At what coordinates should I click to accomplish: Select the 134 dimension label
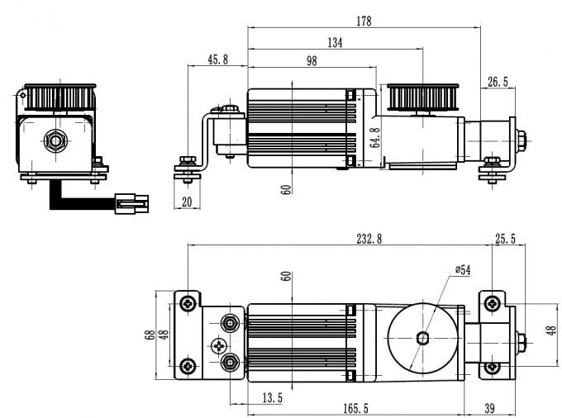click(334, 43)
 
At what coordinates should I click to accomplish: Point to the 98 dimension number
click(311, 62)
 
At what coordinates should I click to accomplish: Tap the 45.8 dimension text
click(217, 61)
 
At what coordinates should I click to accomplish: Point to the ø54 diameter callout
click(463, 270)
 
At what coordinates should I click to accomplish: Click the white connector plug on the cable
click(131, 202)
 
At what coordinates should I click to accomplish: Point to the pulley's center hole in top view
click(423, 337)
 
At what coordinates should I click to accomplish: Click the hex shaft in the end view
click(55, 140)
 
